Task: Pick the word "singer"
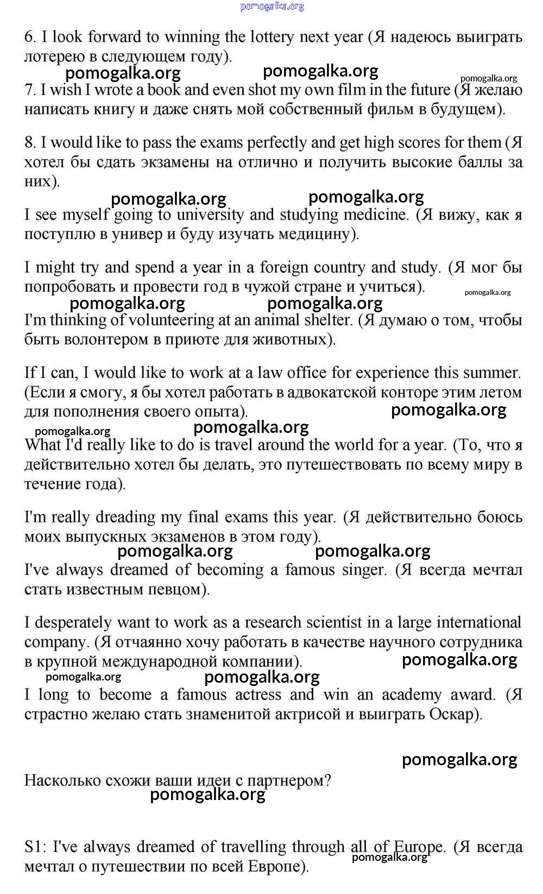(365, 570)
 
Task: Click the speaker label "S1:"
(35, 847)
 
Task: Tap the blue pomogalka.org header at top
(272, 7)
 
